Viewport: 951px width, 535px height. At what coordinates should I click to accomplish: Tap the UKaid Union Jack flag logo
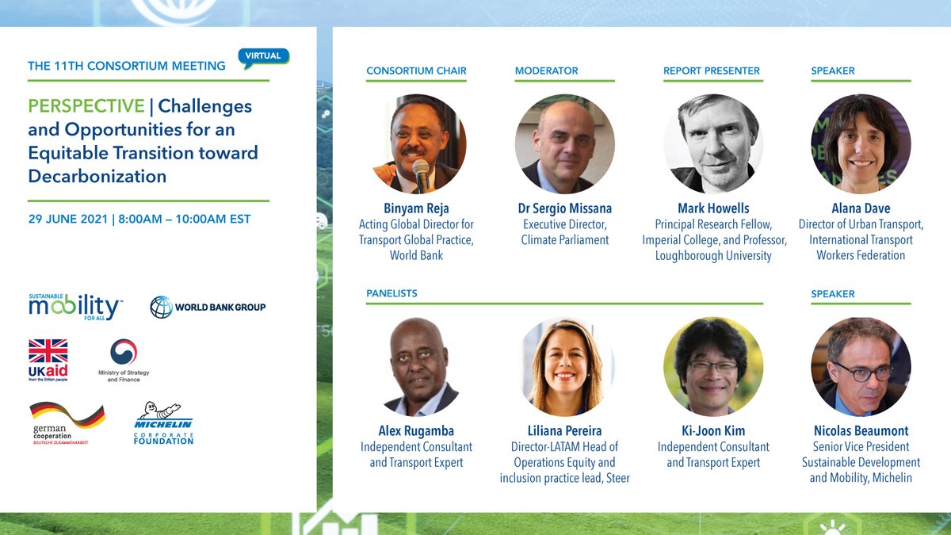point(48,351)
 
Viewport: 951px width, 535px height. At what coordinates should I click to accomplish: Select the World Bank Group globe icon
point(161,307)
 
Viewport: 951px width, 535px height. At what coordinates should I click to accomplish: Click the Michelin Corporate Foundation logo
point(163,422)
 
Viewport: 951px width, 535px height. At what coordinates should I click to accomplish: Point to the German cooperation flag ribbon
point(67,415)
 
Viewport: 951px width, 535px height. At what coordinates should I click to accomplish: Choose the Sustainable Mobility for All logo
point(75,306)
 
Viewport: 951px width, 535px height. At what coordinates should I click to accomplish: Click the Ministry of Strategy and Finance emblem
point(124,353)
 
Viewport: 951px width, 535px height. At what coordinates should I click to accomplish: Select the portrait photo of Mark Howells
point(713,143)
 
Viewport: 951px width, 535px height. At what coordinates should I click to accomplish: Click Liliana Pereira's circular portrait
point(564,367)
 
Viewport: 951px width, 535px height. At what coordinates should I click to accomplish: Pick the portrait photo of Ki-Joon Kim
point(713,367)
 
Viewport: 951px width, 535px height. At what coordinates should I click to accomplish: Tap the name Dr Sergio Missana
point(564,208)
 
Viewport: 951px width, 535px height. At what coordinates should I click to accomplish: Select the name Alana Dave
point(861,208)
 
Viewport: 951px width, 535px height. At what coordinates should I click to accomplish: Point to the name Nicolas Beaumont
point(861,431)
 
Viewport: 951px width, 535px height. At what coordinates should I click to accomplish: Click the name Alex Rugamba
point(416,431)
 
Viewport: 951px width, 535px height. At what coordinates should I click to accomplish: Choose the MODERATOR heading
point(547,71)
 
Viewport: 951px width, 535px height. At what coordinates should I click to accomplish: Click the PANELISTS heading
point(391,293)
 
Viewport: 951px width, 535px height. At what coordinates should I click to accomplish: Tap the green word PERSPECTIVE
point(86,106)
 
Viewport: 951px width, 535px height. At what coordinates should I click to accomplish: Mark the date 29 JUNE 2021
point(67,218)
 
